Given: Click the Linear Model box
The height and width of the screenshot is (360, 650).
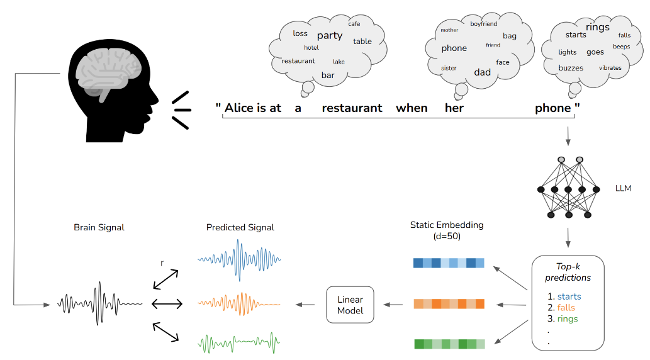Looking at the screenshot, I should coord(350,305).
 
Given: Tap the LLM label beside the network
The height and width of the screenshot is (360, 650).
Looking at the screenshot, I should coord(623,189).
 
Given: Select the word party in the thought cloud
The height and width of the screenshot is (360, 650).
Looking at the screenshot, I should coord(330,35).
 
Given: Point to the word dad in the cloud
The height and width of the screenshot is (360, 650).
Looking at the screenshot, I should coord(483,72).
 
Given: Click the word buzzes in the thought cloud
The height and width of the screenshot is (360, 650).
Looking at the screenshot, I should coord(571,68).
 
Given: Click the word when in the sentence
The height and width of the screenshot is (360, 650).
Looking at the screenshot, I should coord(412,108).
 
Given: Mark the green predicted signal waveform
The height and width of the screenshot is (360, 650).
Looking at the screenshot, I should coord(239,344).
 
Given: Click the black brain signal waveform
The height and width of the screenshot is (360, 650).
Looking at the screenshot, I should coord(99,304).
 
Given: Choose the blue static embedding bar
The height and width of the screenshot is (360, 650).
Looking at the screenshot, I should coord(449,263).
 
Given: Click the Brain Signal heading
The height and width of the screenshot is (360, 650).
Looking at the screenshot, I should coord(99,227).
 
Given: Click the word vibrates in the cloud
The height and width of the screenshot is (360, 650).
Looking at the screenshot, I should coord(610,68).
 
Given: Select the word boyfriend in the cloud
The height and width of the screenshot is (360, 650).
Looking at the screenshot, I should coord(483,24).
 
